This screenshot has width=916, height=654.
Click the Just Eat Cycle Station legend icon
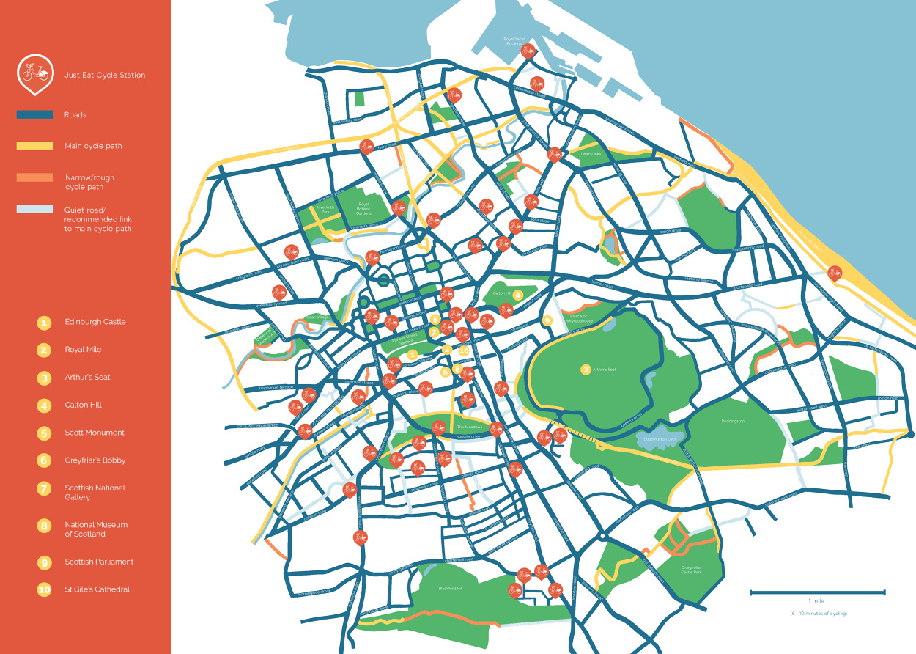(34, 73)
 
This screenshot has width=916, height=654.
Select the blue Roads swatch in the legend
(34, 115)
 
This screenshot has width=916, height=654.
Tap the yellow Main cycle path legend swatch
(34, 146)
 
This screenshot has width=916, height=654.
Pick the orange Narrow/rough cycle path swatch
(34, 177)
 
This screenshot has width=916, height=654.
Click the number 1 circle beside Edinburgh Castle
(44, 323)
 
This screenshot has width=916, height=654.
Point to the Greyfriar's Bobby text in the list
(95, 460)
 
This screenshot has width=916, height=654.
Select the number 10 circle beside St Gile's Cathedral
(44, 589)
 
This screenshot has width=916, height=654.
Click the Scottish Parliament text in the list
(99, 562)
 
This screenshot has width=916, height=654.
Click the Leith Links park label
(591, 154)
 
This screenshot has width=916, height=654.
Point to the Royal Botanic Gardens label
(363, 207)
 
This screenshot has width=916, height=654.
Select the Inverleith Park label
(325, 210)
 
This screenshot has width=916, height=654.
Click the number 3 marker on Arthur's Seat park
(586, 370)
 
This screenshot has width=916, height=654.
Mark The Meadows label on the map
(470, 427)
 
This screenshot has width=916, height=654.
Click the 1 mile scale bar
(817, 592)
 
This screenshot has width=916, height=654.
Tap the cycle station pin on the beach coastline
(834, 273)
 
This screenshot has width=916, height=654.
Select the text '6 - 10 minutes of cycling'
(817, 613)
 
